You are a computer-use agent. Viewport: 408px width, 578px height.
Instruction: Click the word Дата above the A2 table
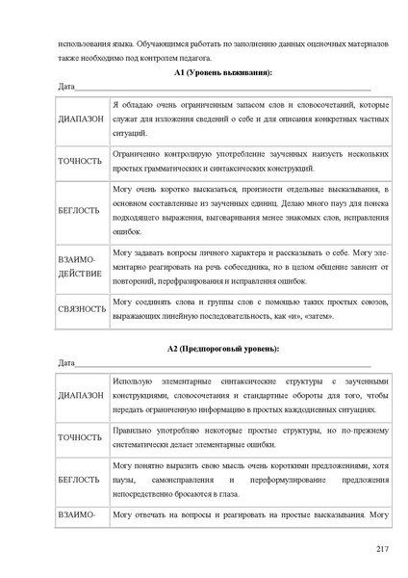point(67,362)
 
